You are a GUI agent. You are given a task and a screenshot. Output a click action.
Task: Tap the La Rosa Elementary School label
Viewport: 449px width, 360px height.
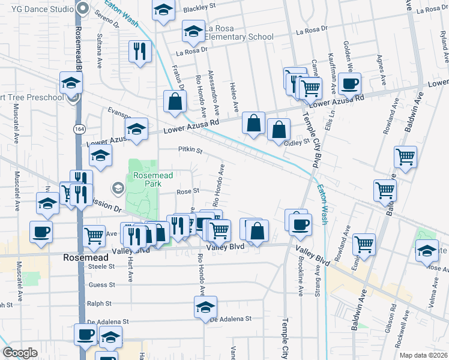239,32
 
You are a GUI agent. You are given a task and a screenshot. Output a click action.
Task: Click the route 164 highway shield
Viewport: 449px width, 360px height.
79,129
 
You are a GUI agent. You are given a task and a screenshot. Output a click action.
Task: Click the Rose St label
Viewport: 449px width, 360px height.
187,191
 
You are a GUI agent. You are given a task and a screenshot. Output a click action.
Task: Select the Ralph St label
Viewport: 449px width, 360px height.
99,303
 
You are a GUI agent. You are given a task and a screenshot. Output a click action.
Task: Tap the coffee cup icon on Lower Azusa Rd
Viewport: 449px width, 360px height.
349,84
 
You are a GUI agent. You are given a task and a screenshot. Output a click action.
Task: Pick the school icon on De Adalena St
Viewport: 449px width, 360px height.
205,307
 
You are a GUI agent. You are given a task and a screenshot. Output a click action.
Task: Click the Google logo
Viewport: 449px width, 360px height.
20,353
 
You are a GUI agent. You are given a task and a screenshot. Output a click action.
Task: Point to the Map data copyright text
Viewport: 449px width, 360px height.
424,355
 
